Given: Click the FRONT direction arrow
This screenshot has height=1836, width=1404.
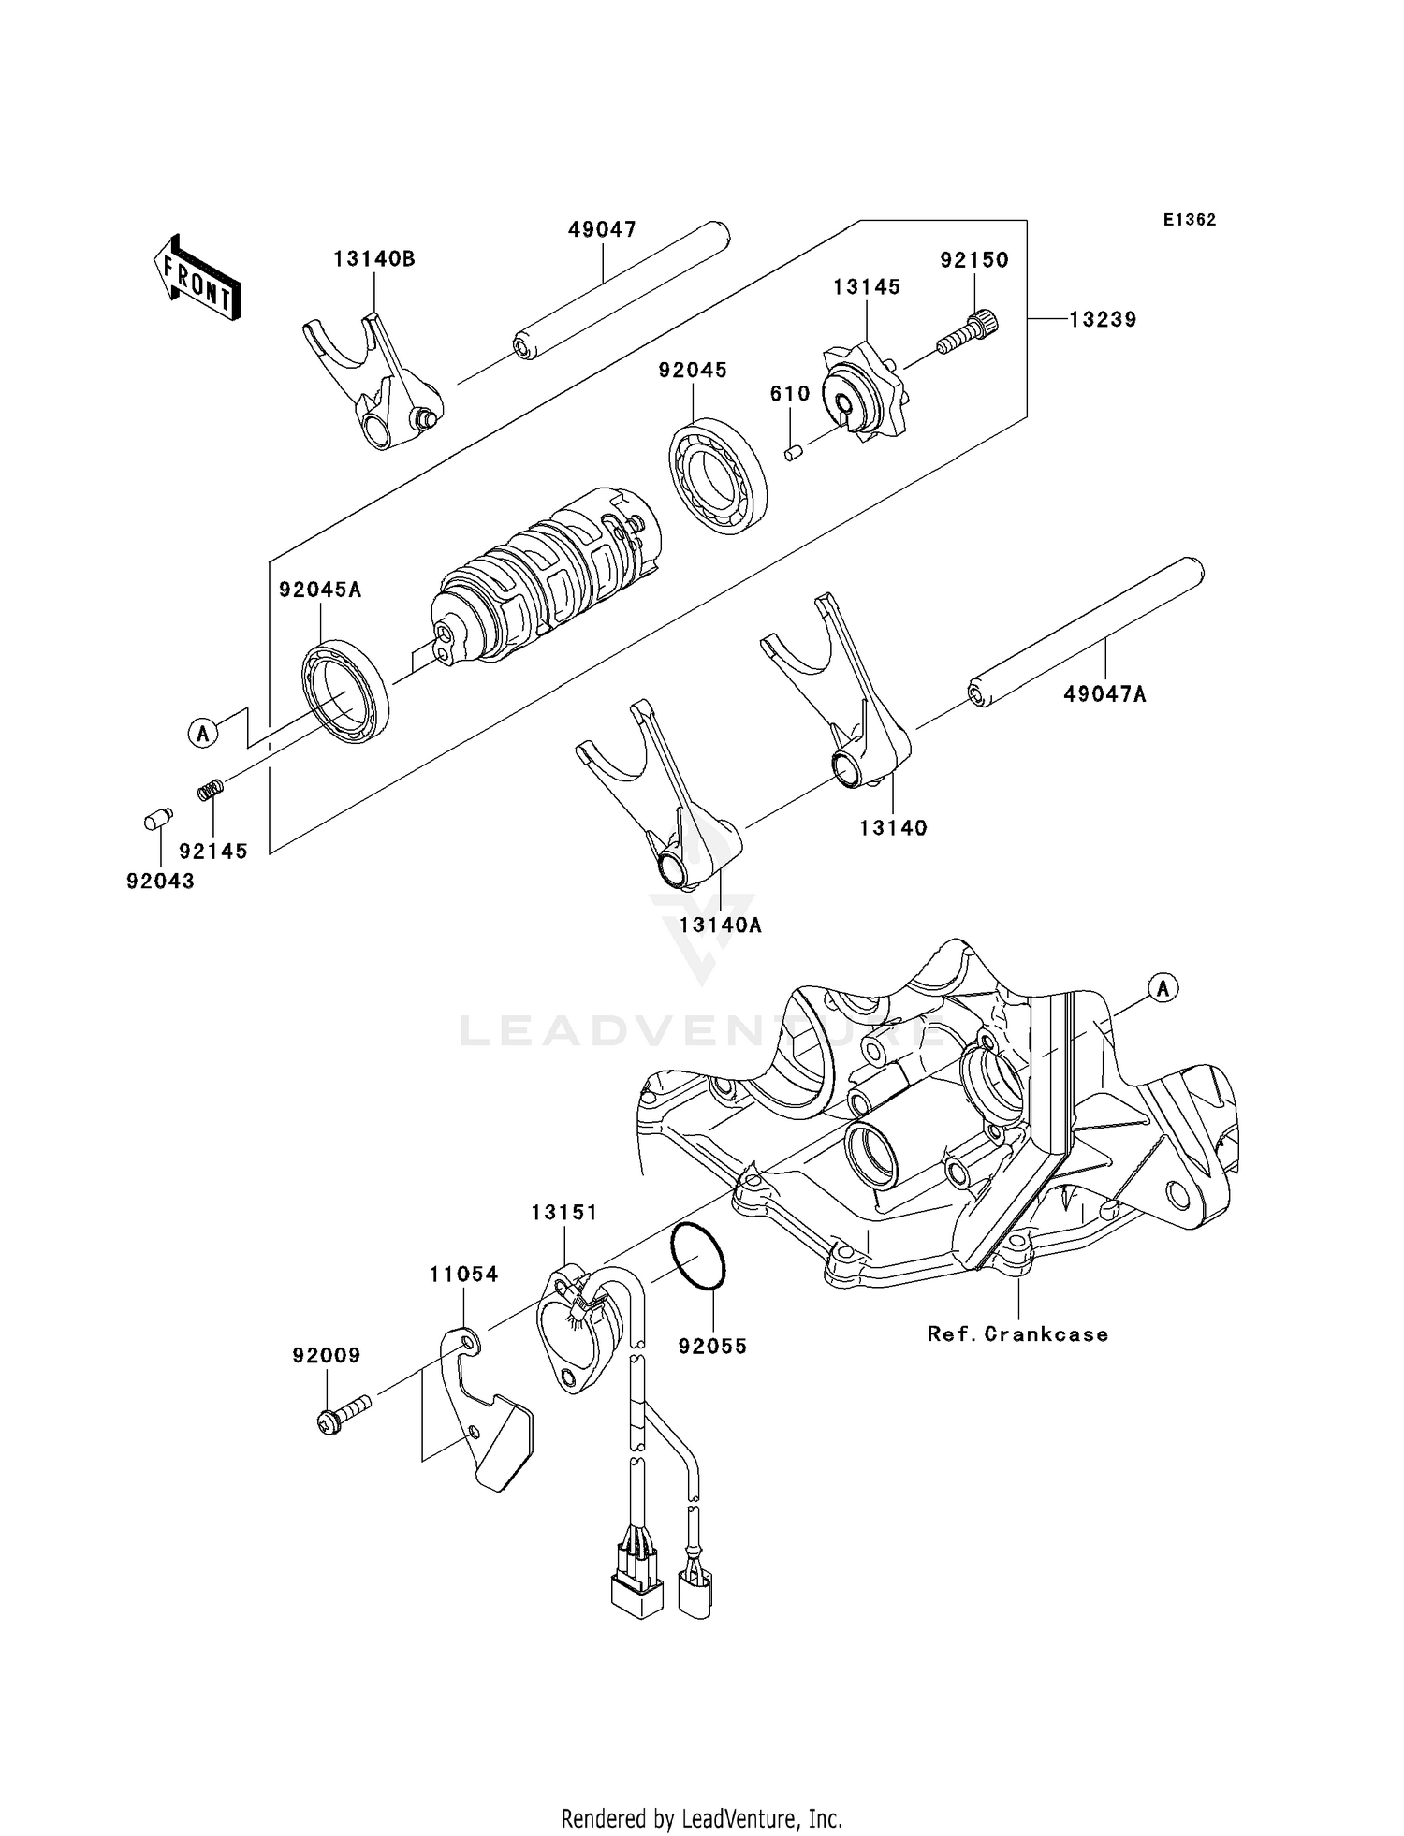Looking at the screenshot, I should (197, 278).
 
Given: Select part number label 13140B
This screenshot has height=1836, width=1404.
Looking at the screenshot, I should (373, 260).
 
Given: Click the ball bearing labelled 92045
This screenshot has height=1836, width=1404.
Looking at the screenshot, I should (718, 476).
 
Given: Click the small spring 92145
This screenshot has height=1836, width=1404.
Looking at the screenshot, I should (210, 790).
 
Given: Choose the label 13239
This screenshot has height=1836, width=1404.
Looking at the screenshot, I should (1103, 320).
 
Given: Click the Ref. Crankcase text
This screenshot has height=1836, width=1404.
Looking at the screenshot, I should (1017, 1334).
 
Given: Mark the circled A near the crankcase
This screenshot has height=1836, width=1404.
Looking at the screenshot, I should (1163, 987).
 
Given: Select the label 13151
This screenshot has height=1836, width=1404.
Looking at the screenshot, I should (564, 1213).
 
